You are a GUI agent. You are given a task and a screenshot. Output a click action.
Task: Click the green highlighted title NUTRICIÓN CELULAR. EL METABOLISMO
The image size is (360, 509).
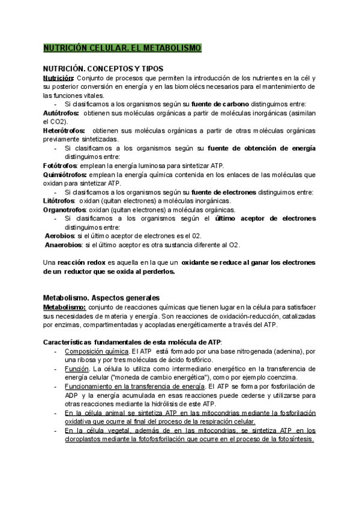coord(122,47)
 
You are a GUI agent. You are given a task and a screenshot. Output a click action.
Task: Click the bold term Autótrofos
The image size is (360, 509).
coord(62,113)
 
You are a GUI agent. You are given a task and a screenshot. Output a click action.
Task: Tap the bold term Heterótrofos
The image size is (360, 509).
coord(64,130)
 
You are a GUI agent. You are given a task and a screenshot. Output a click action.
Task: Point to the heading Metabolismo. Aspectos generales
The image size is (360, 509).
coord(101,298)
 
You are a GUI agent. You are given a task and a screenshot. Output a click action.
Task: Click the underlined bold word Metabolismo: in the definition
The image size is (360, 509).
coord(65,307)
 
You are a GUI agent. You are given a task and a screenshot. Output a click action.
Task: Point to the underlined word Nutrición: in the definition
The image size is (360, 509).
coord(59,77)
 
